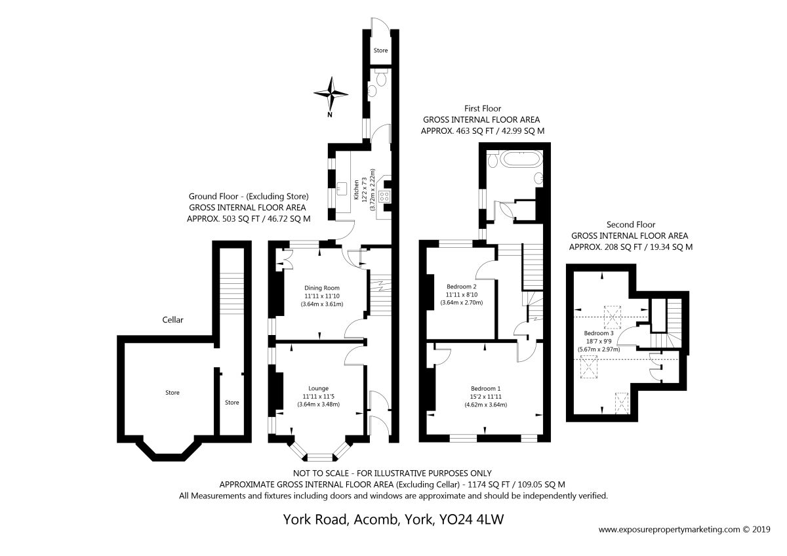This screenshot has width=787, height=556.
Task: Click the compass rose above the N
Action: point(331,94)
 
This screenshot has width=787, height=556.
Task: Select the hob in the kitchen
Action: point(384,196)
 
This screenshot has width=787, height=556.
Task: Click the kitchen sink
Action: point(342,189)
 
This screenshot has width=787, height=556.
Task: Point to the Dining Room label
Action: point(322,288)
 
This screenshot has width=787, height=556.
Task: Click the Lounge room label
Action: point(318,388)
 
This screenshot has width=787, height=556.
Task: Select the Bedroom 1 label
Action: point(485,388)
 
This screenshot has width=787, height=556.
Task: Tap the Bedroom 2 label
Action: point(461,287)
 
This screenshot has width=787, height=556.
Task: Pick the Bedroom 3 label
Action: point(599,333)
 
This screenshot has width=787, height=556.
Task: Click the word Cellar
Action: point(172,319)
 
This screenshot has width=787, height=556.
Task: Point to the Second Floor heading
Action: point(631,224)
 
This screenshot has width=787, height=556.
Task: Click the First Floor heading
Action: point(483,109)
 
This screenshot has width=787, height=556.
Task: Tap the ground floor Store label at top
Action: point(380,50)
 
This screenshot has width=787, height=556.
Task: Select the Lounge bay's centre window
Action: point(320,457)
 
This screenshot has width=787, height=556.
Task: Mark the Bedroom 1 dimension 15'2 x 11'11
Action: point(485,397)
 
